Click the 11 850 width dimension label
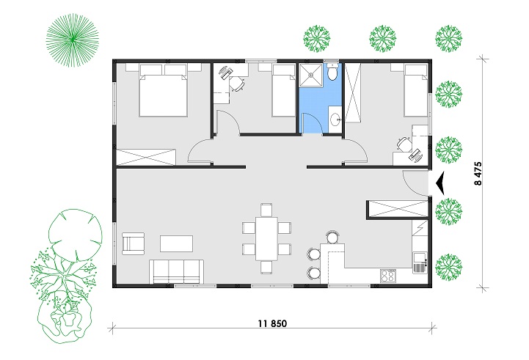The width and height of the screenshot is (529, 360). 273,323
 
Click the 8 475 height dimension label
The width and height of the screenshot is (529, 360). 478,174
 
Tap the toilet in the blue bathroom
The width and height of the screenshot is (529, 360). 332,71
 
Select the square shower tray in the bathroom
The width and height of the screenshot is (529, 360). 311,74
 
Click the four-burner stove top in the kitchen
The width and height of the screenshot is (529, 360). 388,276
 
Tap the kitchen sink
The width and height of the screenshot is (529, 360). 420,263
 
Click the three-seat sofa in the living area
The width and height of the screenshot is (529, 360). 176,272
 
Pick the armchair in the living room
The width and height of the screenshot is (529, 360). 133,243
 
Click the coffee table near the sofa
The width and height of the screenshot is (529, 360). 176,243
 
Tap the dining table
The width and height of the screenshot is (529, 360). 266,238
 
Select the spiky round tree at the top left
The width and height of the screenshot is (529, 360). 73,40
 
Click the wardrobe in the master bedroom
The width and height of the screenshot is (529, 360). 146,157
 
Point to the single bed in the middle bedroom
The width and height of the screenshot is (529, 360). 284,90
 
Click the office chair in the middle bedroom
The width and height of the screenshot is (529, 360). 238,84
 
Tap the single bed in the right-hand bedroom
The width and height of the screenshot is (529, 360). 416,90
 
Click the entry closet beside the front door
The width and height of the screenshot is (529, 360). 399,210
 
